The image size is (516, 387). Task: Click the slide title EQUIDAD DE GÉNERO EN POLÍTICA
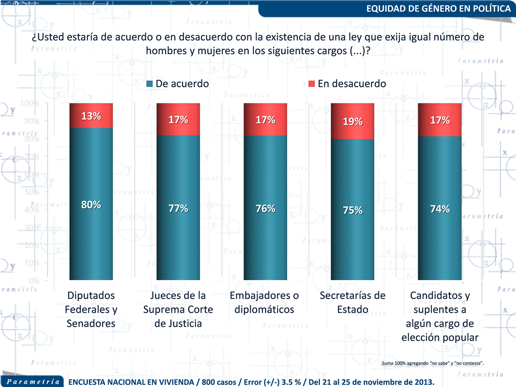click(x=438, y=9)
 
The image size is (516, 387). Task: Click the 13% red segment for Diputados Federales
click(x=91, y=115)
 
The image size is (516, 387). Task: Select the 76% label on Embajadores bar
click(x=265, y=208)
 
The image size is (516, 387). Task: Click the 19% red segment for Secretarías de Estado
click(x=352, y=121)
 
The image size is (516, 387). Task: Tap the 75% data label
click(x=352, y=210)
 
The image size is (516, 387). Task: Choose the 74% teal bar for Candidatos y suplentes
click(x=440, y=231)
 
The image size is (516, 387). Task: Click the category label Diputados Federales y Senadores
click(x=91, y=310)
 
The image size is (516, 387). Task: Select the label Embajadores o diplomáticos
click(x=264, y=303)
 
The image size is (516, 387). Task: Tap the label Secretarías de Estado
click(x=352, y=303)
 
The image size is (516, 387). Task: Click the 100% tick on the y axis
click(x=30, y=103)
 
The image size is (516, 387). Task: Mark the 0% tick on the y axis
click(x=33, y=280)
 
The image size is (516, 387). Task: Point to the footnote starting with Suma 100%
click(x=432, y=363)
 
